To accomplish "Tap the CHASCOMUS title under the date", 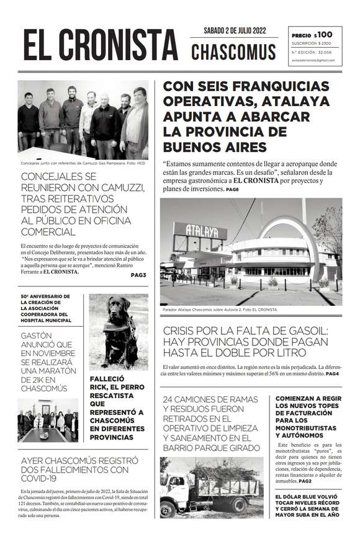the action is [233, 52].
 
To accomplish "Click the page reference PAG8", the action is [232, 189].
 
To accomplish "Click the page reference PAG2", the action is [305, 481].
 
